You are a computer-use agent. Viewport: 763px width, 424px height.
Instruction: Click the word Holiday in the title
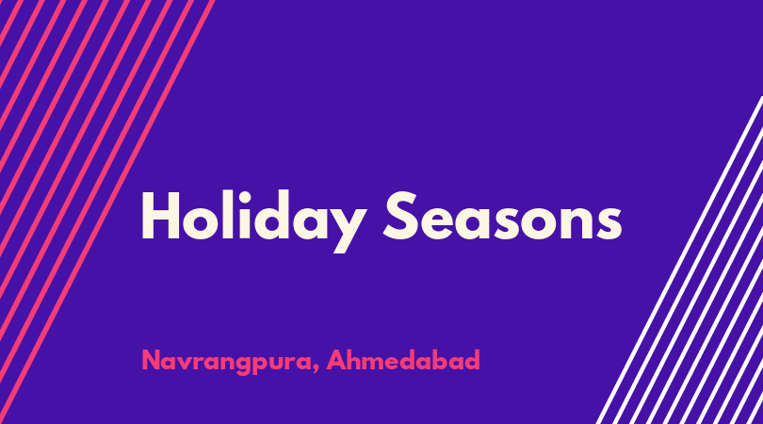pyautogui.click(x=253, y=221)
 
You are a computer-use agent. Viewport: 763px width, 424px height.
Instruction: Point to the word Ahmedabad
pyautogui.click(x=403, y=360)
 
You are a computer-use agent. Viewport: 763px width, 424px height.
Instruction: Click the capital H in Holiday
pyautogui.click(x=160, y=216)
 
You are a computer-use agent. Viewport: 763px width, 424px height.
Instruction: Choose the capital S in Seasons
pyautogui.click(x=401, y=216)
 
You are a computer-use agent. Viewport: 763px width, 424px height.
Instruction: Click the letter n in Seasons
pyautogui.click(x=576, y=222)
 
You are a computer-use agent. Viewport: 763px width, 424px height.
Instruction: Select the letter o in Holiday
pyautogui.click(x=201, y=223)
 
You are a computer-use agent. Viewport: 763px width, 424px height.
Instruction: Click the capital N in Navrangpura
pyautogui.click(x=151, y=360)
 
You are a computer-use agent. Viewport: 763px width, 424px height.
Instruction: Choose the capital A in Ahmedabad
pyautogui.click(x=336, y=360)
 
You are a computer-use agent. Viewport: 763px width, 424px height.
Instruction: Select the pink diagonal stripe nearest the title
pyautogui.click(x=107, y=212)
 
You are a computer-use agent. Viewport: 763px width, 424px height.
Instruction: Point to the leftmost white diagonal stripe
pyautogui.click(x=679, y=260)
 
